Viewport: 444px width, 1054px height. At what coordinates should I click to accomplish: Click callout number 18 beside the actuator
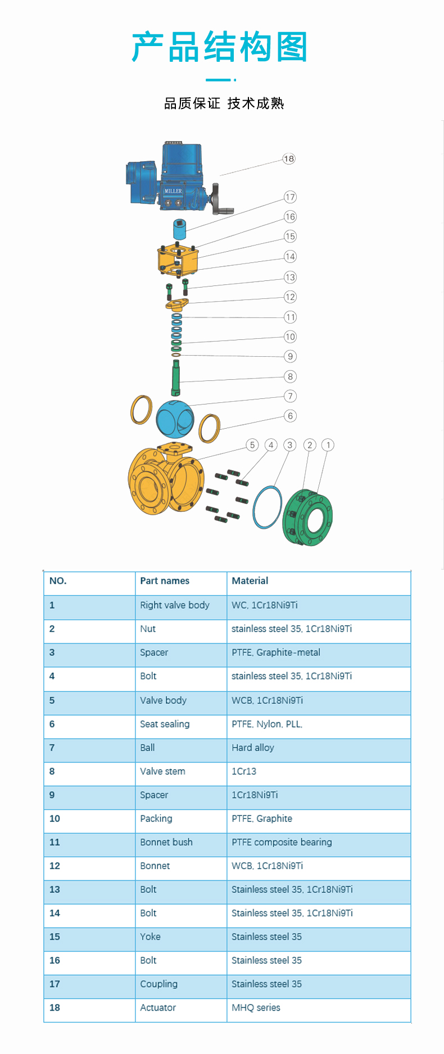point(289,159)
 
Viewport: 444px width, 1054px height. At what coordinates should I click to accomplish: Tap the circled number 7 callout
point(290,396)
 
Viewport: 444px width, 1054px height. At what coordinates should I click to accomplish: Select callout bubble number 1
point(328,445)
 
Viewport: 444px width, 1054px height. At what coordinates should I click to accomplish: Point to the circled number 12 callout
point(290,297)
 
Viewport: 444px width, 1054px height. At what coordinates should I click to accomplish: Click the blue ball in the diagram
point(174,419)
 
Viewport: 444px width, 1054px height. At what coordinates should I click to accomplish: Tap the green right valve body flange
point(307,518)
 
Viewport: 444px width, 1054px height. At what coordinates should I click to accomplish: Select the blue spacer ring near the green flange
point(267,507)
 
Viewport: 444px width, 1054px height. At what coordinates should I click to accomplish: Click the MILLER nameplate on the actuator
point(173,191)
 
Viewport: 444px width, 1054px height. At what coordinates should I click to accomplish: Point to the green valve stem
point(176,378)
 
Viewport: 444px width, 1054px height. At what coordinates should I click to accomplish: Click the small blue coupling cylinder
point(179,229)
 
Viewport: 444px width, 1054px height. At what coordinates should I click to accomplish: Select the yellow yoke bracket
point(178,260)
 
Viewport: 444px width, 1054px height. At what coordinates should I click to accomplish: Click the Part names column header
point(165,581)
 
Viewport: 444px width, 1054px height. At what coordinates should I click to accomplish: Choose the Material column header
point(250,581)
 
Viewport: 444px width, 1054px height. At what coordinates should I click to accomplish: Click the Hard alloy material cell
point(253,748)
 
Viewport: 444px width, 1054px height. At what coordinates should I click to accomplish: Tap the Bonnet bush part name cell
point(166,842)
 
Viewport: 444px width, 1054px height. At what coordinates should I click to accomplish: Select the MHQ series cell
point(256,1008)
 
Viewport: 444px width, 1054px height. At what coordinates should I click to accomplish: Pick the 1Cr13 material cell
point(244,771)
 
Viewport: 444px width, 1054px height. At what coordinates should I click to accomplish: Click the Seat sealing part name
point(165,724)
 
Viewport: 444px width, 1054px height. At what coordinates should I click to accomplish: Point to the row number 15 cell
point(55,937)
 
